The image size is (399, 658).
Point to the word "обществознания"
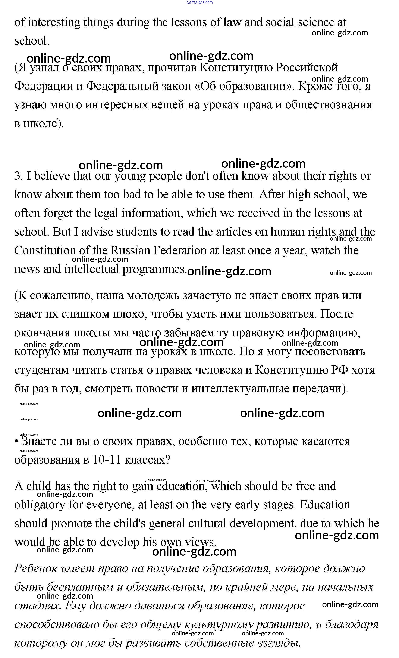pos(329,105)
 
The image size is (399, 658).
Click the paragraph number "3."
pos(19,176)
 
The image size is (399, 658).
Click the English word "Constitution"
pos(45,250)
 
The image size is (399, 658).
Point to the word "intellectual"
pos(92,269)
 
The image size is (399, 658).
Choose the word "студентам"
pos(41,370)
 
